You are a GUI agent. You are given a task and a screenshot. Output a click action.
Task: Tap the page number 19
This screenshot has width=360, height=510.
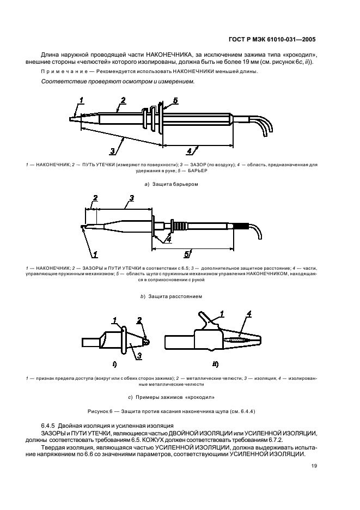[x=314, y=466]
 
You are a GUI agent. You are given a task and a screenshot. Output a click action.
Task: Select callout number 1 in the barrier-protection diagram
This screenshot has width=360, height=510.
[x=81, y=100]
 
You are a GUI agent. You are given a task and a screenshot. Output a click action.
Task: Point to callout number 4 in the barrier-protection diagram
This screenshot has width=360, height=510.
[x=188, y=151]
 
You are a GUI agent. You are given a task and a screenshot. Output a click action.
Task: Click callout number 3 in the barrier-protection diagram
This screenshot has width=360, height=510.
[x=112, y=151]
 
